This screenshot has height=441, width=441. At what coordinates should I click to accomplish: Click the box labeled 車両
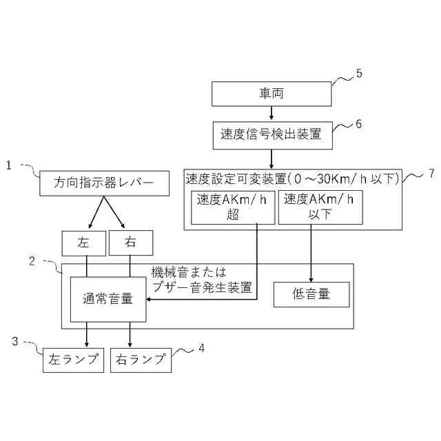(271, 93)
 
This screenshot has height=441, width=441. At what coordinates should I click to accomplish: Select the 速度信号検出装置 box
(271, 134)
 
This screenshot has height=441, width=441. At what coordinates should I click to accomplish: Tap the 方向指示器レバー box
(103, 183)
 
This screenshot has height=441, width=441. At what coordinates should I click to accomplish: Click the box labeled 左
(84, 243)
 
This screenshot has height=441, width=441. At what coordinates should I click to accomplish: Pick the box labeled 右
(130, 243)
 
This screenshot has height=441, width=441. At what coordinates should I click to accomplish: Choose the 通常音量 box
(108, 299)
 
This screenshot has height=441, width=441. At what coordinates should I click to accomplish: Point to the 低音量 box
(311, 294)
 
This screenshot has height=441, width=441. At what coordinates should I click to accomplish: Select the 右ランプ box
(141, 360)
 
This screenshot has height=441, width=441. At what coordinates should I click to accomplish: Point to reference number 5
(358, 74)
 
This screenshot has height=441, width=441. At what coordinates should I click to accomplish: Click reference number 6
(358, 124)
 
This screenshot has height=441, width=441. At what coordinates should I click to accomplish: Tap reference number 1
(9, 165)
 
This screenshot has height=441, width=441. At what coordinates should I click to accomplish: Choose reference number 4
(201, 348)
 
